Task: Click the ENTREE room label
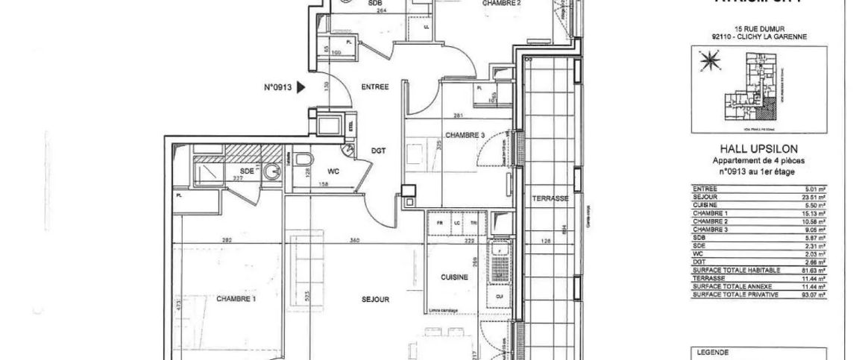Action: pyautogui.click(x=374, y=87)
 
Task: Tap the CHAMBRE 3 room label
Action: pyautogui.click(x=465, y=135)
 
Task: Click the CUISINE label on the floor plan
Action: pyautogui.click(x=454, y=277)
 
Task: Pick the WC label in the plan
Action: pyautogui.click(x=333, y=171)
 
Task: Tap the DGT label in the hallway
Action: pyautogui.click(x=379, y=151)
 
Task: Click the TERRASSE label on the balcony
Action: pyautogui.click(x=550, y=198)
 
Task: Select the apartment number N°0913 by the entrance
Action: pyautogui.click(x=278, y=87)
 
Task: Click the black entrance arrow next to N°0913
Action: pyautogui.click(x=301, y=87)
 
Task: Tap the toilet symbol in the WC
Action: pyautogui.click(x=302, y=160)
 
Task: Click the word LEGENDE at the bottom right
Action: pyautogui.click(x=712, y=353)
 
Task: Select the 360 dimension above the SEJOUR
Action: pyautogui.click(x=355, y=239)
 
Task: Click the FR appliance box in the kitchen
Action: pyautogui.click(x=440, y=222)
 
